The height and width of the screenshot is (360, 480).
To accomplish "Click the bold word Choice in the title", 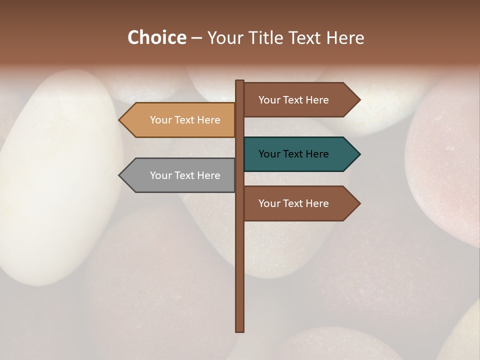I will coord(156,38).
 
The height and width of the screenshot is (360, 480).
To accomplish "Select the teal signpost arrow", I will coord(300,154).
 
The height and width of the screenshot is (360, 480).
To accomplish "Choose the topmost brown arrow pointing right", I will coord(300,100).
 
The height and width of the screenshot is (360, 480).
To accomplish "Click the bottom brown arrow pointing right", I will coord(300,203).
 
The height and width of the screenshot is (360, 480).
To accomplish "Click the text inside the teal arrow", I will coord(293,154).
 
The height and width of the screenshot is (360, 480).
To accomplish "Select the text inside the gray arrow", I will coord(185,175).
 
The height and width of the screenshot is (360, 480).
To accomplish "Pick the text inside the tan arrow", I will coord(185,120).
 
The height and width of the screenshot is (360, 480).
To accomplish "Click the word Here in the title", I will coord(345,38).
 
